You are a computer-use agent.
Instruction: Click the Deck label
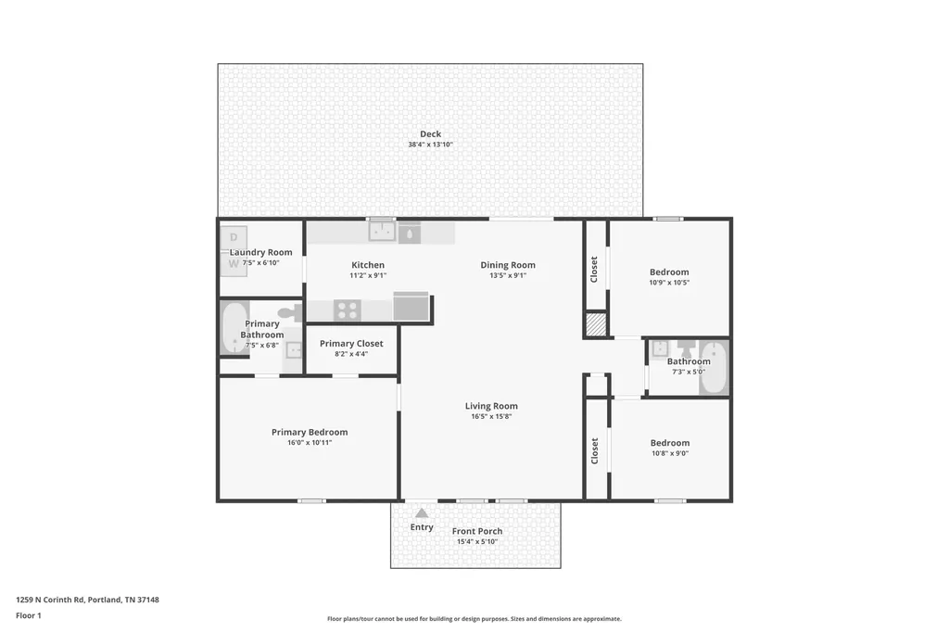(430, 133)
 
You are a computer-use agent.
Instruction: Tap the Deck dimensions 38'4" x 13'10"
(430, 145)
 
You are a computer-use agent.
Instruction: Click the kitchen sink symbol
(382, 231)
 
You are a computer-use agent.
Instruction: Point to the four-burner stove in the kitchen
(348, 310)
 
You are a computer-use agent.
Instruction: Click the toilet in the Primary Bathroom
(291, 313)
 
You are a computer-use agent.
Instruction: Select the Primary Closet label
(351, 343)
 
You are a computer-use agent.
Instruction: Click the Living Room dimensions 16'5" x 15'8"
(491, 416)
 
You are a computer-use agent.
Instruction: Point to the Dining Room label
(508, 264)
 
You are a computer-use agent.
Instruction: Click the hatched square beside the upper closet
(596, 323)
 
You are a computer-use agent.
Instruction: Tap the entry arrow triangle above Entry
(422, 513)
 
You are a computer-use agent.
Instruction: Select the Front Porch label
(477, 531)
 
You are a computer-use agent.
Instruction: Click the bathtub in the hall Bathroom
(715, 368)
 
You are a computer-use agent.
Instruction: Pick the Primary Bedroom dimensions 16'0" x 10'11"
(310, 443)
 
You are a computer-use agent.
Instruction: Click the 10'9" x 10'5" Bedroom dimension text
(669, 283)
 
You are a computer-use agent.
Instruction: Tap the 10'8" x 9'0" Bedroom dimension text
(670, 453)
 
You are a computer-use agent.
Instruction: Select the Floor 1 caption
(29, 615)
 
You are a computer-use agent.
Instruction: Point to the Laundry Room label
(260, 252)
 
